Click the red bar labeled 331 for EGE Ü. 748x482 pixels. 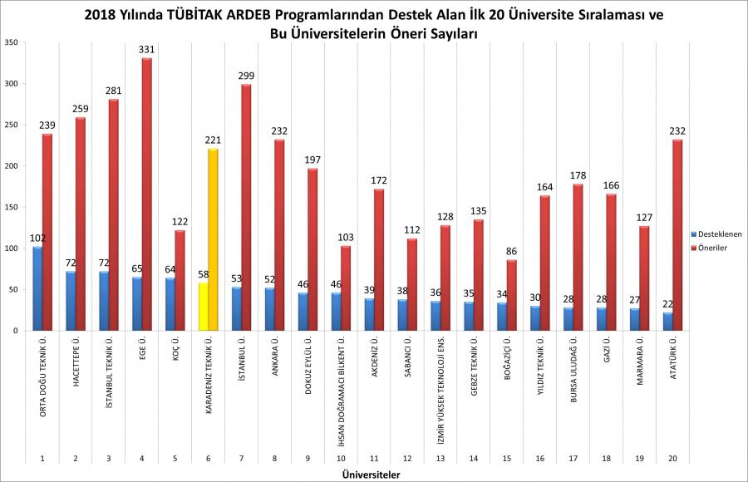click(146, 194)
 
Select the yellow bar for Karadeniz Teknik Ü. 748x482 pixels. click(203, 307)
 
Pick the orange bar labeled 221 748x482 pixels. click(213, 240)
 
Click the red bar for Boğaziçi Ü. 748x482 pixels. click(512, 295)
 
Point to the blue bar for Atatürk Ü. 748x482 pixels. click(668, 322)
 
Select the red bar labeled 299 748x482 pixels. click(246, 208)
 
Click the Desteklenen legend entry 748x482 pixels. click(716, 234)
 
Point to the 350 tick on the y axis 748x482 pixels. click(10, 42)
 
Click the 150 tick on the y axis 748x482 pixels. click(10, 207)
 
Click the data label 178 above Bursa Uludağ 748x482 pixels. click(579, 176)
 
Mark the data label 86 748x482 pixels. click(513, 252)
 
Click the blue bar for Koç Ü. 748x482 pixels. click(170, 304)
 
